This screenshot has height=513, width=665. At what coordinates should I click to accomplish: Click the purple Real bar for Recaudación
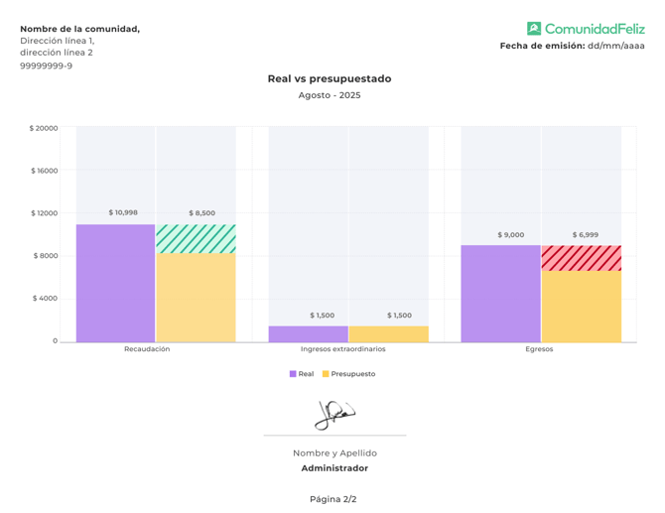(115, 283)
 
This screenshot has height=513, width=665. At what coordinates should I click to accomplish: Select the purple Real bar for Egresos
(500, 293)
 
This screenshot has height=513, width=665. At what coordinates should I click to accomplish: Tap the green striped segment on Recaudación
(196, 239)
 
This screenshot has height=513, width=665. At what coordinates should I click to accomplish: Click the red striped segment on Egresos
(582, 258)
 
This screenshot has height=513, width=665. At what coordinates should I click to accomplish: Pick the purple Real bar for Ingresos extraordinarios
(308, 333)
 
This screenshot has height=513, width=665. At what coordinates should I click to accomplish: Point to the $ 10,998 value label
(123, 212)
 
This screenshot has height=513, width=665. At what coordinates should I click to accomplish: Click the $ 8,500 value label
(200, 213)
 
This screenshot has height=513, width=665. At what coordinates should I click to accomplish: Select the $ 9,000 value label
(510, 235)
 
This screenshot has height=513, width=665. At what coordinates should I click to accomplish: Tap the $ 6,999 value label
(585, 235)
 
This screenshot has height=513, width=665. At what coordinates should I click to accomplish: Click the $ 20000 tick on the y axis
(44, 128)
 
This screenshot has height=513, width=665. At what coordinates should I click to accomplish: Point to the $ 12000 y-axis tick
(45, 213)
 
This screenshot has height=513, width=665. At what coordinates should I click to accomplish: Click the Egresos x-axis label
(539, 349)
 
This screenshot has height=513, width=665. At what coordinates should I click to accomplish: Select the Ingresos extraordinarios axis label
(343, 349)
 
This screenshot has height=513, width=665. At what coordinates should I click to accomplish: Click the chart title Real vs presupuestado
(330, 78)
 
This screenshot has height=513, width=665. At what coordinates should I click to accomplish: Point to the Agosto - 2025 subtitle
(330, 95)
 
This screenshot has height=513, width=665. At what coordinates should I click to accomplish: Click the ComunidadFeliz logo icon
(534, 29)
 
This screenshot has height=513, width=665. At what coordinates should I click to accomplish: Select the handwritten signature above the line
(334, 414)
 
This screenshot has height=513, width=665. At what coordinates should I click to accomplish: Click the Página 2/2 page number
(332, 499)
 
